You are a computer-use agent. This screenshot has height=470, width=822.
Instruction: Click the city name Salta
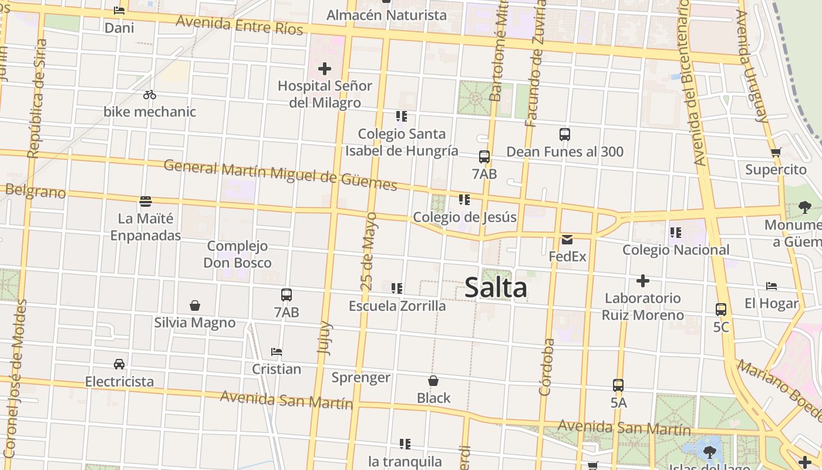point(496,288)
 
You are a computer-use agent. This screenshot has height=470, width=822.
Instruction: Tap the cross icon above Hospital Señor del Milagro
point(324,69)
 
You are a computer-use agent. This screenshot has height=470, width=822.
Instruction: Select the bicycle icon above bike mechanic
point(150,95)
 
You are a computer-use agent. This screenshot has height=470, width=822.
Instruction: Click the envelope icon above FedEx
point(567,240)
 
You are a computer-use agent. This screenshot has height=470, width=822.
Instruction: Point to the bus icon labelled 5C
point(721,310)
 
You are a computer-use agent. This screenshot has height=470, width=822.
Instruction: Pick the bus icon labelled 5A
point(618,385)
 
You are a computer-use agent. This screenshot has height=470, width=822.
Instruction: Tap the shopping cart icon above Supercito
point(776,153)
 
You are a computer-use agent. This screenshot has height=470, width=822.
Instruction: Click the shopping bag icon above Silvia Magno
point(195,305)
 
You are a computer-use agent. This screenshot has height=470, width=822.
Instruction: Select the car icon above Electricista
point(119,364)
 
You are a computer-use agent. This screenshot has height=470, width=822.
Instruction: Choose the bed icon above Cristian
point(277,352)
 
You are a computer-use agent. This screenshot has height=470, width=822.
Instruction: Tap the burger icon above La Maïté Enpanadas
point(146,202)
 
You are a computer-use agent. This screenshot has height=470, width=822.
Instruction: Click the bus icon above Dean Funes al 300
point(565,135)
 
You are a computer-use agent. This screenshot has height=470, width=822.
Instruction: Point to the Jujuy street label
point(324,338)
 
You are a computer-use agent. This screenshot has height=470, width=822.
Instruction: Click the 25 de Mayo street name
point(369,251)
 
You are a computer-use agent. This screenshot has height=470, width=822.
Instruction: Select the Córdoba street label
point(546,367)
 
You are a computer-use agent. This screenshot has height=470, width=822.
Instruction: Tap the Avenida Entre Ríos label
point(240,25)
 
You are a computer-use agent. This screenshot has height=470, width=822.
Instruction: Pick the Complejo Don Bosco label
point(237,254)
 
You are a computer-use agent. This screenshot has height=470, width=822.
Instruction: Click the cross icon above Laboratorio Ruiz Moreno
point(643,281)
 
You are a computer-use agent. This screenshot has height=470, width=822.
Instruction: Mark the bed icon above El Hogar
point(772,286)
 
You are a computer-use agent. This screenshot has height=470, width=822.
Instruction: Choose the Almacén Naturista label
point(386,15)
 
